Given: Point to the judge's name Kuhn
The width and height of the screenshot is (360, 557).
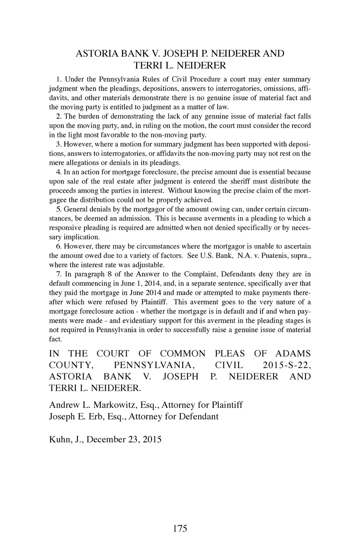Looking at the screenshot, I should tap(60, 439).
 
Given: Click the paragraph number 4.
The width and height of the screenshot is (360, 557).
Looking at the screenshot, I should tap(58, 172).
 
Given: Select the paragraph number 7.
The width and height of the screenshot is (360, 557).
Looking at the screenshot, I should tap(58, 274).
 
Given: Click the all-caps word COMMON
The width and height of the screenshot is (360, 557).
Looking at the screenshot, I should tap(182, 354).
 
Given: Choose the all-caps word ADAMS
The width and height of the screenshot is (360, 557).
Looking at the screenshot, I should tap(293, 354).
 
